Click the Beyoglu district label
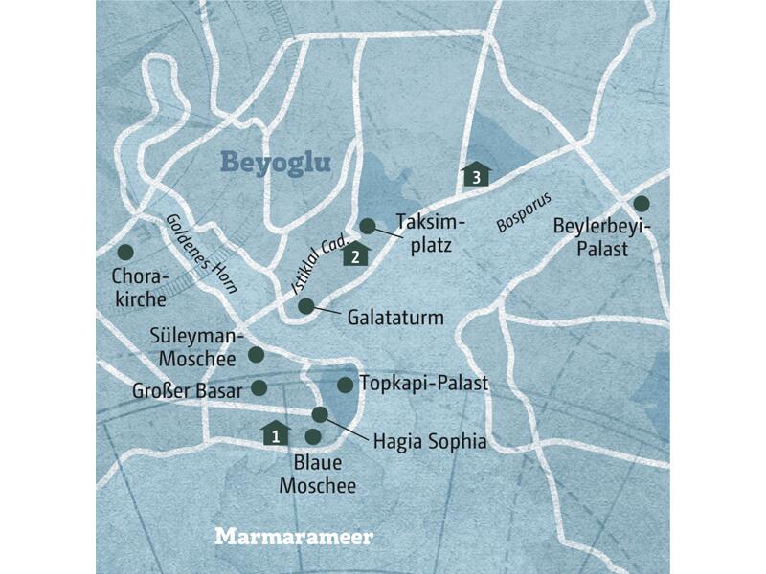[276, 162]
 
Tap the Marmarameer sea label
[294, 536]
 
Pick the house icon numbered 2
[355, 254]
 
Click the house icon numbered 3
[476, 173]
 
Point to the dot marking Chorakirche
[124, 253]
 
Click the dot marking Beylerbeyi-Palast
[641, 203]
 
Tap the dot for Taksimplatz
[368, 226]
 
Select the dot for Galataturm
[305, 306]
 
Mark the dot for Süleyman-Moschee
[256, 354]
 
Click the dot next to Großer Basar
[258, 387]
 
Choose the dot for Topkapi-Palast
[345, 385]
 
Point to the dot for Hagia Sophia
[321, 414]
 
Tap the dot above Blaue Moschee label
[312, 436]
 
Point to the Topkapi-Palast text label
[424, 384]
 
